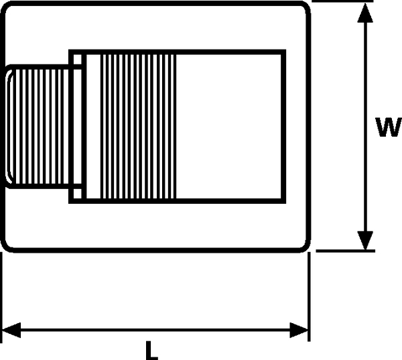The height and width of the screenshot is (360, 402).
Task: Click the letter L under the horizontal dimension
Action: [x=152, y=351]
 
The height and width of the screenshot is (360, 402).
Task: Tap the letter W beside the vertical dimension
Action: [x=389, y=127]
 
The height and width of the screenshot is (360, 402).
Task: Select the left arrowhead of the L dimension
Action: [x=11, y=330]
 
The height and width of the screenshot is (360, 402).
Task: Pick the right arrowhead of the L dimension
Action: [x=299, y=330]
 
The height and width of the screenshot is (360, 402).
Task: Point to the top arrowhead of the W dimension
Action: [x=365, y=13]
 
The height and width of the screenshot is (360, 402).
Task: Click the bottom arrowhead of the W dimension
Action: [x=365, y=241]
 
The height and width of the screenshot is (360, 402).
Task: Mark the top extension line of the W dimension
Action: [x=342, y=1]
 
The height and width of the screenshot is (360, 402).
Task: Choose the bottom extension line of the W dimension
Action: [x=345, y=251]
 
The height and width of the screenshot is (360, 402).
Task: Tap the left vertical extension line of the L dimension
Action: [x=1, y=297]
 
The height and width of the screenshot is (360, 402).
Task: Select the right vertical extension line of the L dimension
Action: [x=309, y=296]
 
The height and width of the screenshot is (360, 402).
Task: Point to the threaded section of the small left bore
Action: [x=40, y=127]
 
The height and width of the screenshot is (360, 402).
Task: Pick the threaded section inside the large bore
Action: [x=139, y=127]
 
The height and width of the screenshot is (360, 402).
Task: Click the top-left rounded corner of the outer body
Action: [x=7, y=7]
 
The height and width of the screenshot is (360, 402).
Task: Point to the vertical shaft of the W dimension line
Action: [x=365, y=127]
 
